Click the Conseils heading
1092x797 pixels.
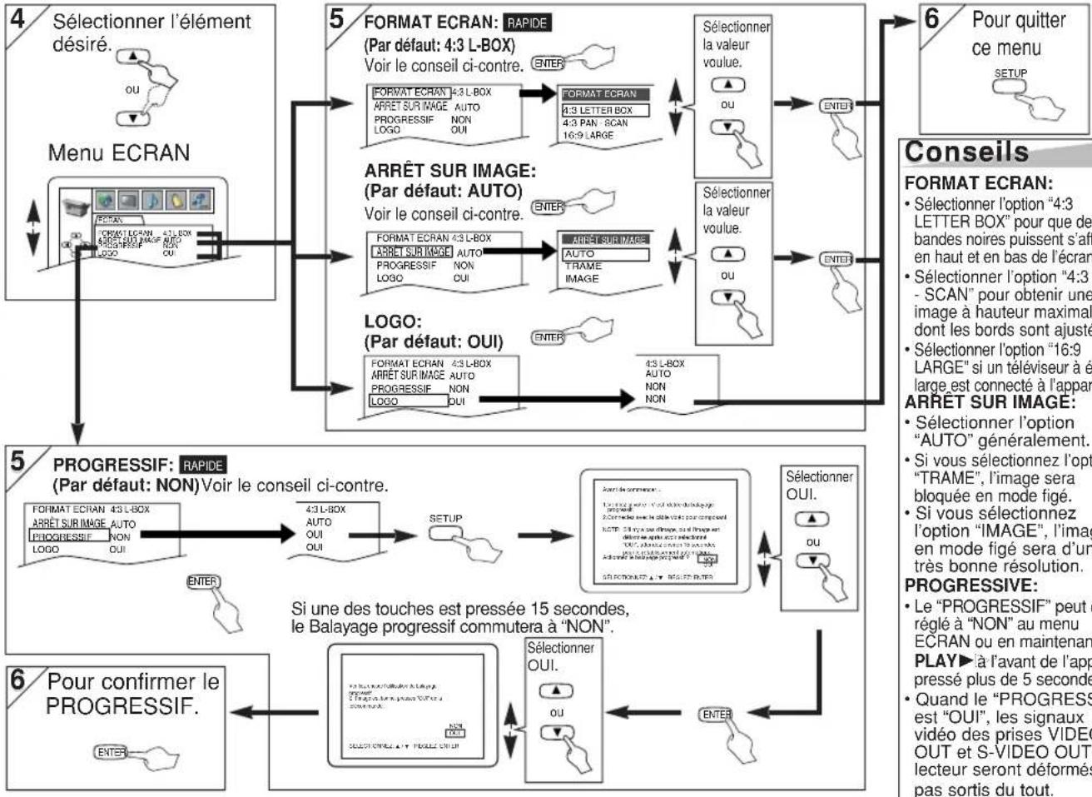pyautogui.click(x=966, y=152)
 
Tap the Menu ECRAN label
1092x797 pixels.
pyautogui.click(x=118, y=153)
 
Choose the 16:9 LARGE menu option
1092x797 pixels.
pyautogui.click(x=588, y=135)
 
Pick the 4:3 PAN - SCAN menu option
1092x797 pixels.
pyautogui.click(x=595, y=122)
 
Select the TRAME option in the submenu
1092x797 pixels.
pyautogui.click(x=583, y=266)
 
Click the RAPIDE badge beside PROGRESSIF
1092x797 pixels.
pyautogui.click(x=204, y=464)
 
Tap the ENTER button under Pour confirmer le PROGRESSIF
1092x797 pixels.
pyautogui.click(x=112, y=752)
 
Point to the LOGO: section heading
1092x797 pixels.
pyautogui.click(x=394, y=321)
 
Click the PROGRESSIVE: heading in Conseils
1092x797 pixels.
pyautogui.click(x=960, y=585)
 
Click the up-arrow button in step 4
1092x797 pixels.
pyautogui.click(x=135, y=57)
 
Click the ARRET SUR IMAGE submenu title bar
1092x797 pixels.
pyautogui.click(x=609, y=240)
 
